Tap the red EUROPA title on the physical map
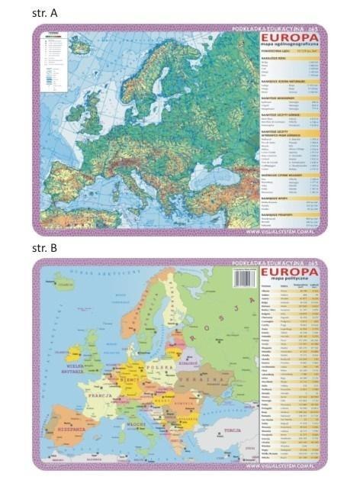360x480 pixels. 291,36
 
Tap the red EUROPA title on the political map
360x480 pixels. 291,271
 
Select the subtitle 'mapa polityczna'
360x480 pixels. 291,280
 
